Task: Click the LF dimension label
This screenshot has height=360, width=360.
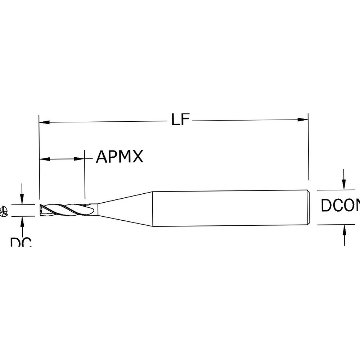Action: (x=180, y=120)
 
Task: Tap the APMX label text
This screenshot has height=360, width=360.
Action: (x=120, y=157)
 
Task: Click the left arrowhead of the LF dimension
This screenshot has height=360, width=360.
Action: (x=44, y=122)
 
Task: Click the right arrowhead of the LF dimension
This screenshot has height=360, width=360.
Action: (x=303, y=120)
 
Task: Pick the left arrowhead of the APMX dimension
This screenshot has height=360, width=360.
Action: (x=44, y=159)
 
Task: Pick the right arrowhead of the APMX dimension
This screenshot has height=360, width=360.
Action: (x=80, y=158)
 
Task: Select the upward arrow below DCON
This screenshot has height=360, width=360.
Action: (x=345, y=230)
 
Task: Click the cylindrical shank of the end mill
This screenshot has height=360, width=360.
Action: (x=230, y=208)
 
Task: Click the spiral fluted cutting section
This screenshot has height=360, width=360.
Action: (x=65, y=209)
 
